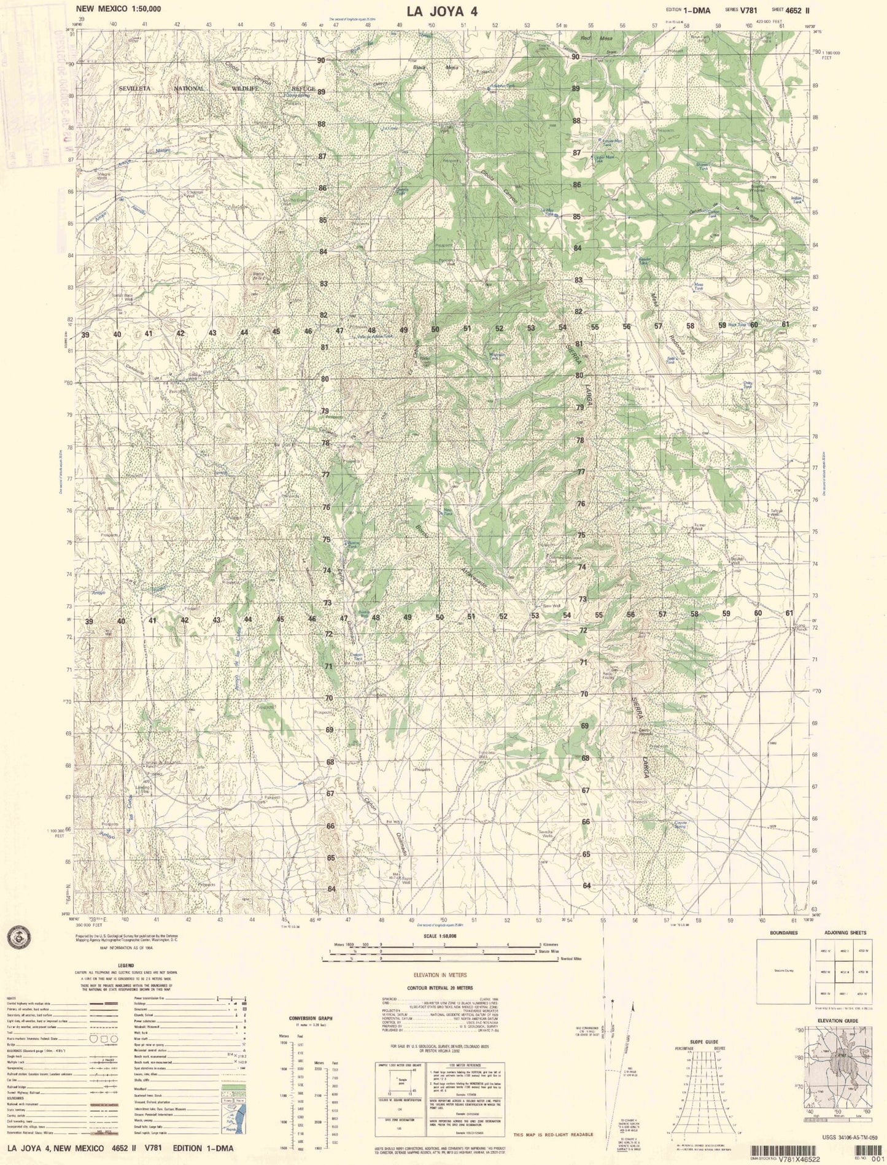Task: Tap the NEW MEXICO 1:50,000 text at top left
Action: click(x=119, y=9)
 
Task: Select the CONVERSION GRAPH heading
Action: click(x=311, y=1018)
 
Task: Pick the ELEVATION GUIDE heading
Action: click(x=838, y=1021)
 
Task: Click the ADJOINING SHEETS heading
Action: click(x=841, y=933)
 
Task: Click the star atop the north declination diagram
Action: click(x=613, y=1001)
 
